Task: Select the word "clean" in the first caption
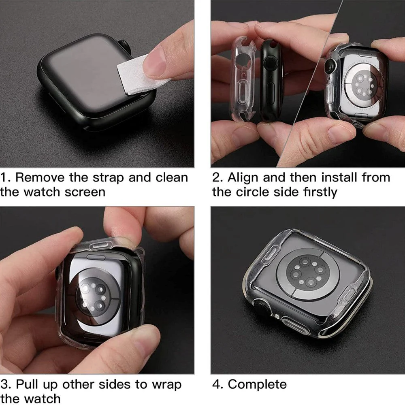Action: click(x=172, y=177)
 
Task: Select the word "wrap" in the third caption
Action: click(x=166, y=385)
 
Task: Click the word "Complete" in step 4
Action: click(x=257, y=384)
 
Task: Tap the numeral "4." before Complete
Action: click(x=218, y=385)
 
